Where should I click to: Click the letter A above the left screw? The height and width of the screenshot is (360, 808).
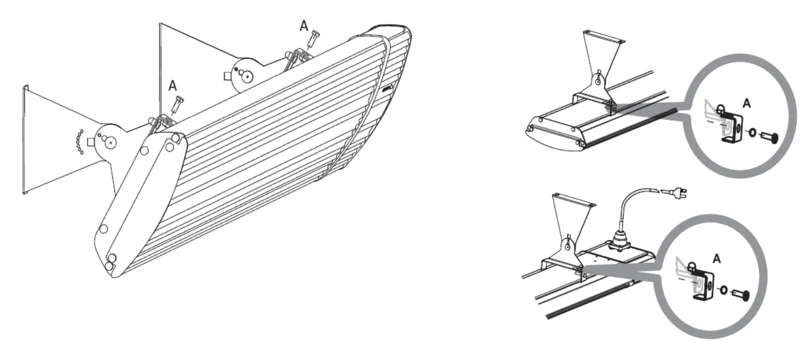pos(173,85)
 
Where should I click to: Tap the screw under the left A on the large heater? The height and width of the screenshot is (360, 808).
pos(177,104)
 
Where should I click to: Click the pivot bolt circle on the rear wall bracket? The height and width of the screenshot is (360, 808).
pos(247,76)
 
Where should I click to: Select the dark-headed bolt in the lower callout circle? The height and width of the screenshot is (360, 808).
pos(741,294)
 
